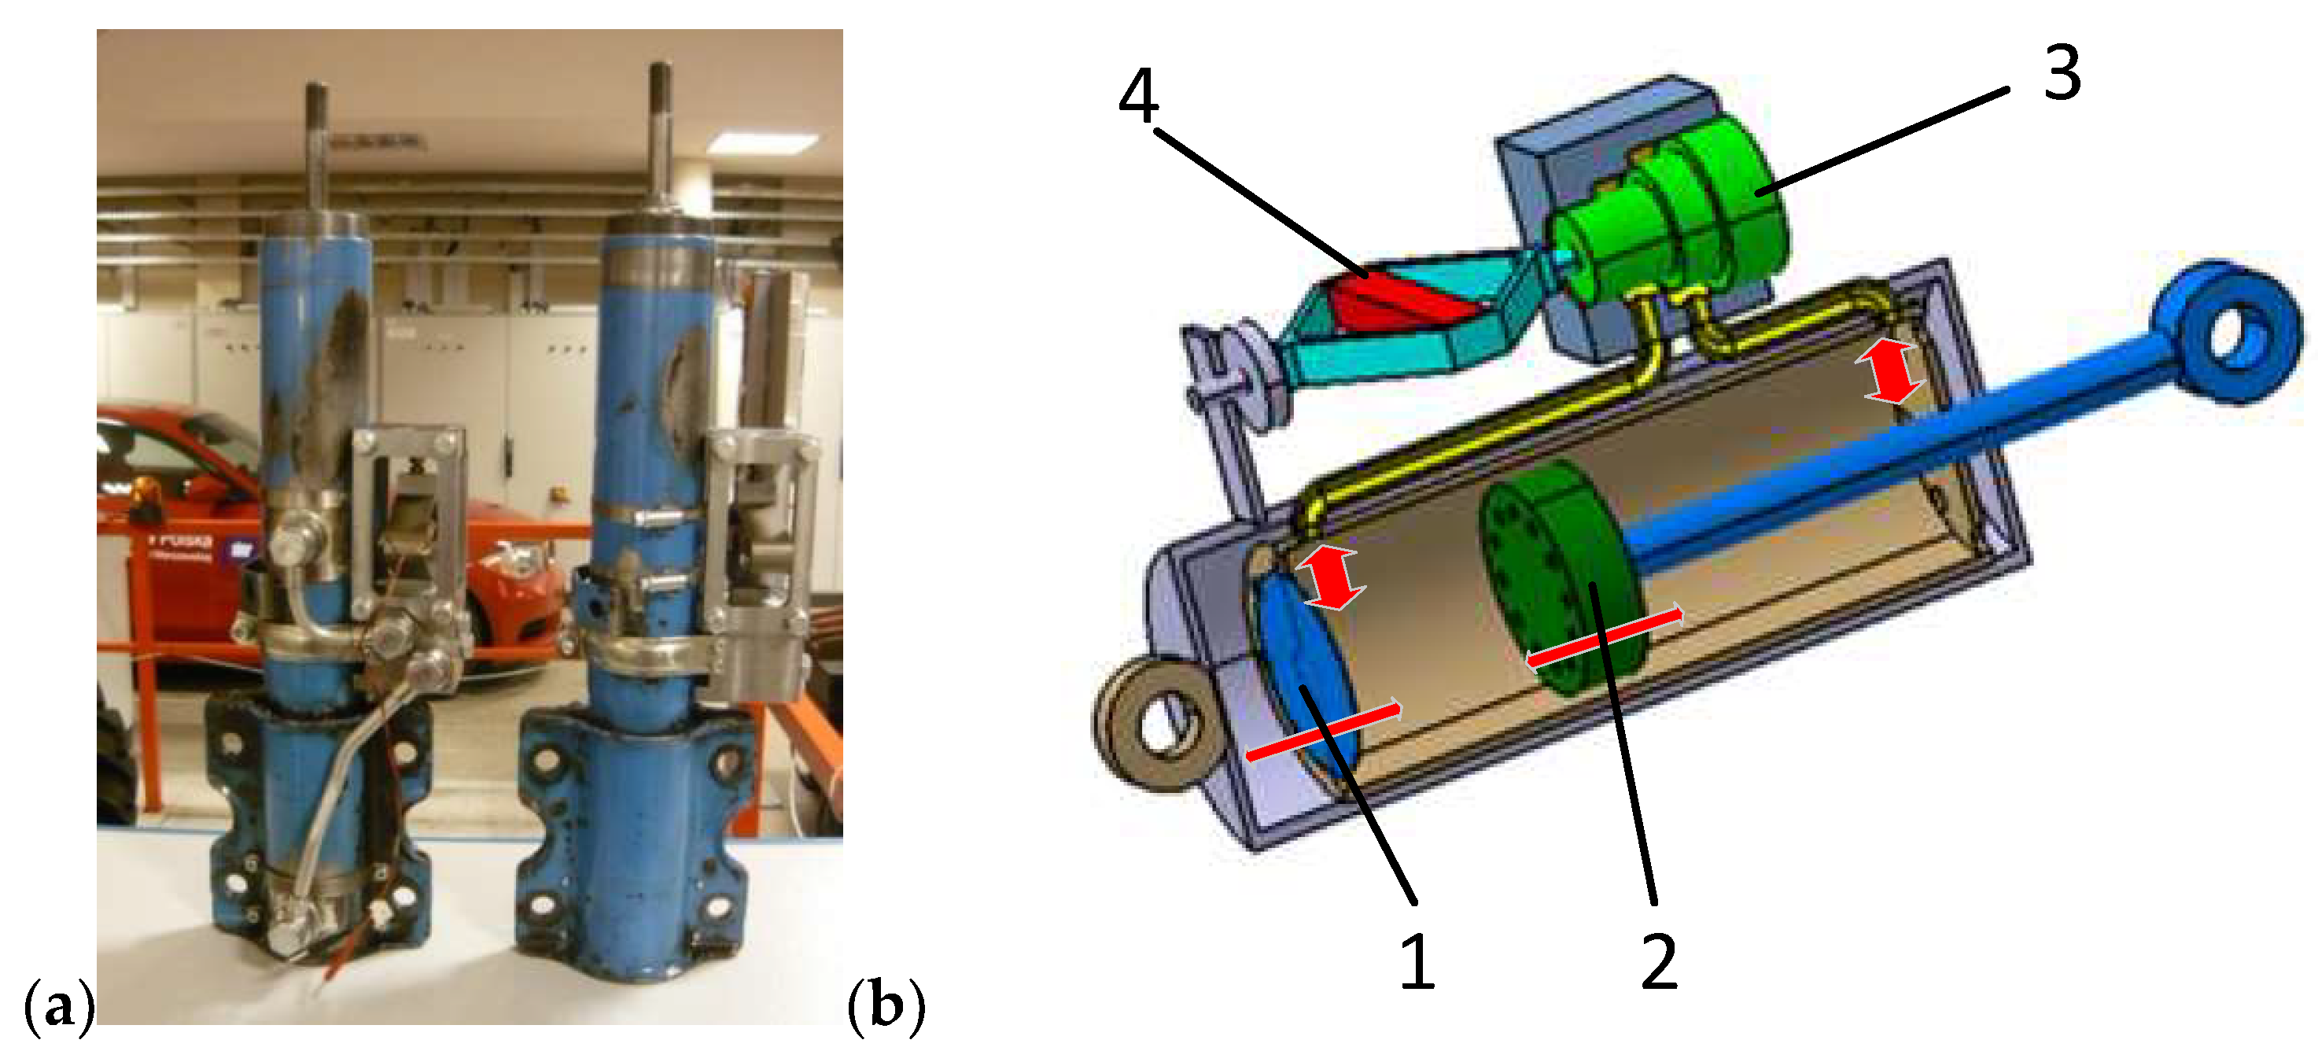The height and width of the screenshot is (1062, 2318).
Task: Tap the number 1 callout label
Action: [1417, 962]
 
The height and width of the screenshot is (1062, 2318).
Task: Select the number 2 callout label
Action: [1658, 962]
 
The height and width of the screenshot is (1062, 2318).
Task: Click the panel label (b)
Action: [886, 1005]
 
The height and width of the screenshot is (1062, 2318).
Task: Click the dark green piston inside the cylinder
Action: [1561, 576]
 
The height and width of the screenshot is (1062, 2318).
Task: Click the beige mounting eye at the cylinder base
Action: [1156, 725]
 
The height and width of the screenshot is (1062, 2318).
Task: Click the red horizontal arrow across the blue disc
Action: [1323, 729]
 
